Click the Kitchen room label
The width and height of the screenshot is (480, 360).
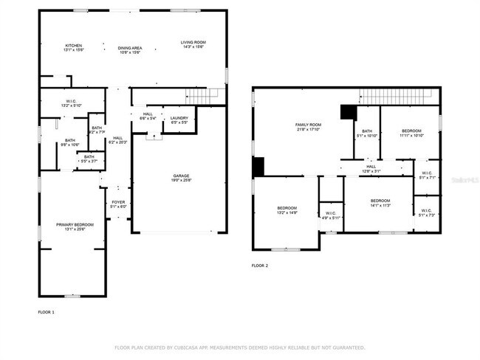click(73, 47)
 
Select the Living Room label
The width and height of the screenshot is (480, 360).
click(193, 45)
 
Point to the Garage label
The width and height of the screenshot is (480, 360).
click(182, 178)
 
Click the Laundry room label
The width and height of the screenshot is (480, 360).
click(179, 120)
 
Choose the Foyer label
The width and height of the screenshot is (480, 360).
click(118, 204)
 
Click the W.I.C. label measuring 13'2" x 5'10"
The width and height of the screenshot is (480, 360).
click(72, 103)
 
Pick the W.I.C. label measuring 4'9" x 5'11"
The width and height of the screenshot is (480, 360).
click(331, 215)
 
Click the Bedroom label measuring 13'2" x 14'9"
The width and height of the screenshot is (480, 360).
click(287, 210)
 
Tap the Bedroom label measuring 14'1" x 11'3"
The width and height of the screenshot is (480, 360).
click(380, 203)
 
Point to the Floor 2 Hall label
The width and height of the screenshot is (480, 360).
click(371, 169)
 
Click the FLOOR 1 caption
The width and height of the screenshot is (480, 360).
click(47, 313)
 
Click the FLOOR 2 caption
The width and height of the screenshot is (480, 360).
click(260, 266)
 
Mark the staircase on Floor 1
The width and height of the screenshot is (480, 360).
click(203, 95)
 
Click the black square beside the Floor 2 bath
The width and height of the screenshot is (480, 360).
click(347, 111)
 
